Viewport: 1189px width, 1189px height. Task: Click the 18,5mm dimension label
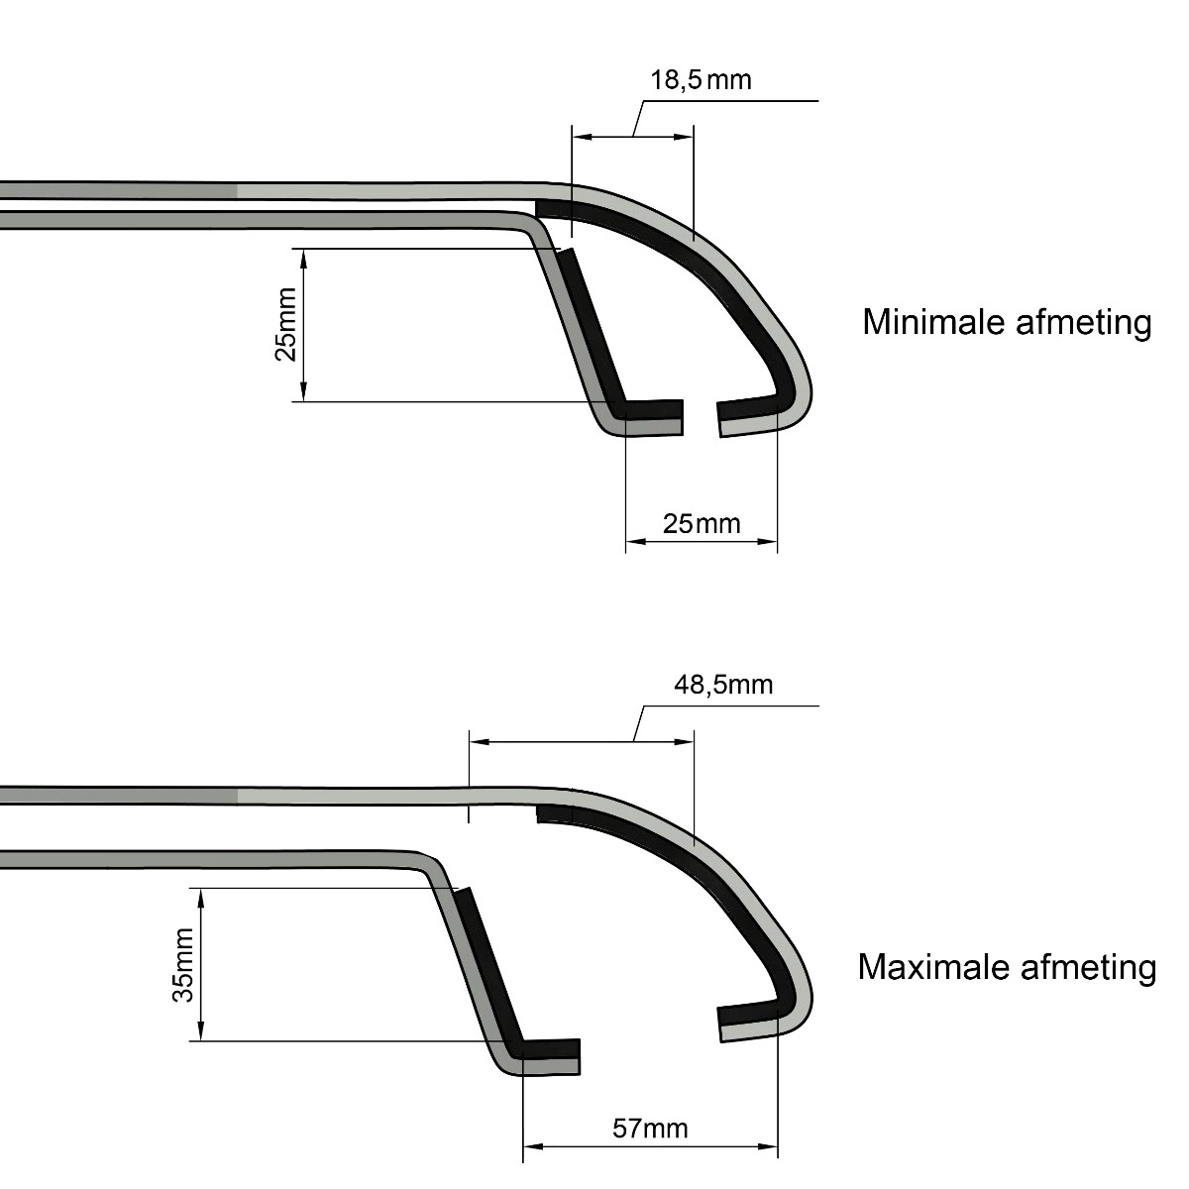point(701,80)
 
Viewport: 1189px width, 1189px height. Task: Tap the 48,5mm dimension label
point(723,685)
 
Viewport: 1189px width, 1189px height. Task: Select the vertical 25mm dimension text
point(285,324)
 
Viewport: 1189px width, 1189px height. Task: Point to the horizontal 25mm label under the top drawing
point(702,524)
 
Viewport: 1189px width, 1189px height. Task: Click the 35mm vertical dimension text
point(183,964)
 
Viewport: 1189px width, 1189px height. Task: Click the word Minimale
point(934,322)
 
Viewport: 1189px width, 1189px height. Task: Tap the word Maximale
point(933,967)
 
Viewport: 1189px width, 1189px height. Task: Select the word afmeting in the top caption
point(1084,324)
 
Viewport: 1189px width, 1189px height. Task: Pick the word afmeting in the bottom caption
point(1088,969)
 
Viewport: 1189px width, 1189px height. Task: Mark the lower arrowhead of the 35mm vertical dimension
point(200,1031)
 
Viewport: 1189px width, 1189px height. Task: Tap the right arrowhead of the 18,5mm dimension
point(685,137)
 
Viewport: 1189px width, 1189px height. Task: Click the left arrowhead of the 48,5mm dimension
point(480,741)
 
